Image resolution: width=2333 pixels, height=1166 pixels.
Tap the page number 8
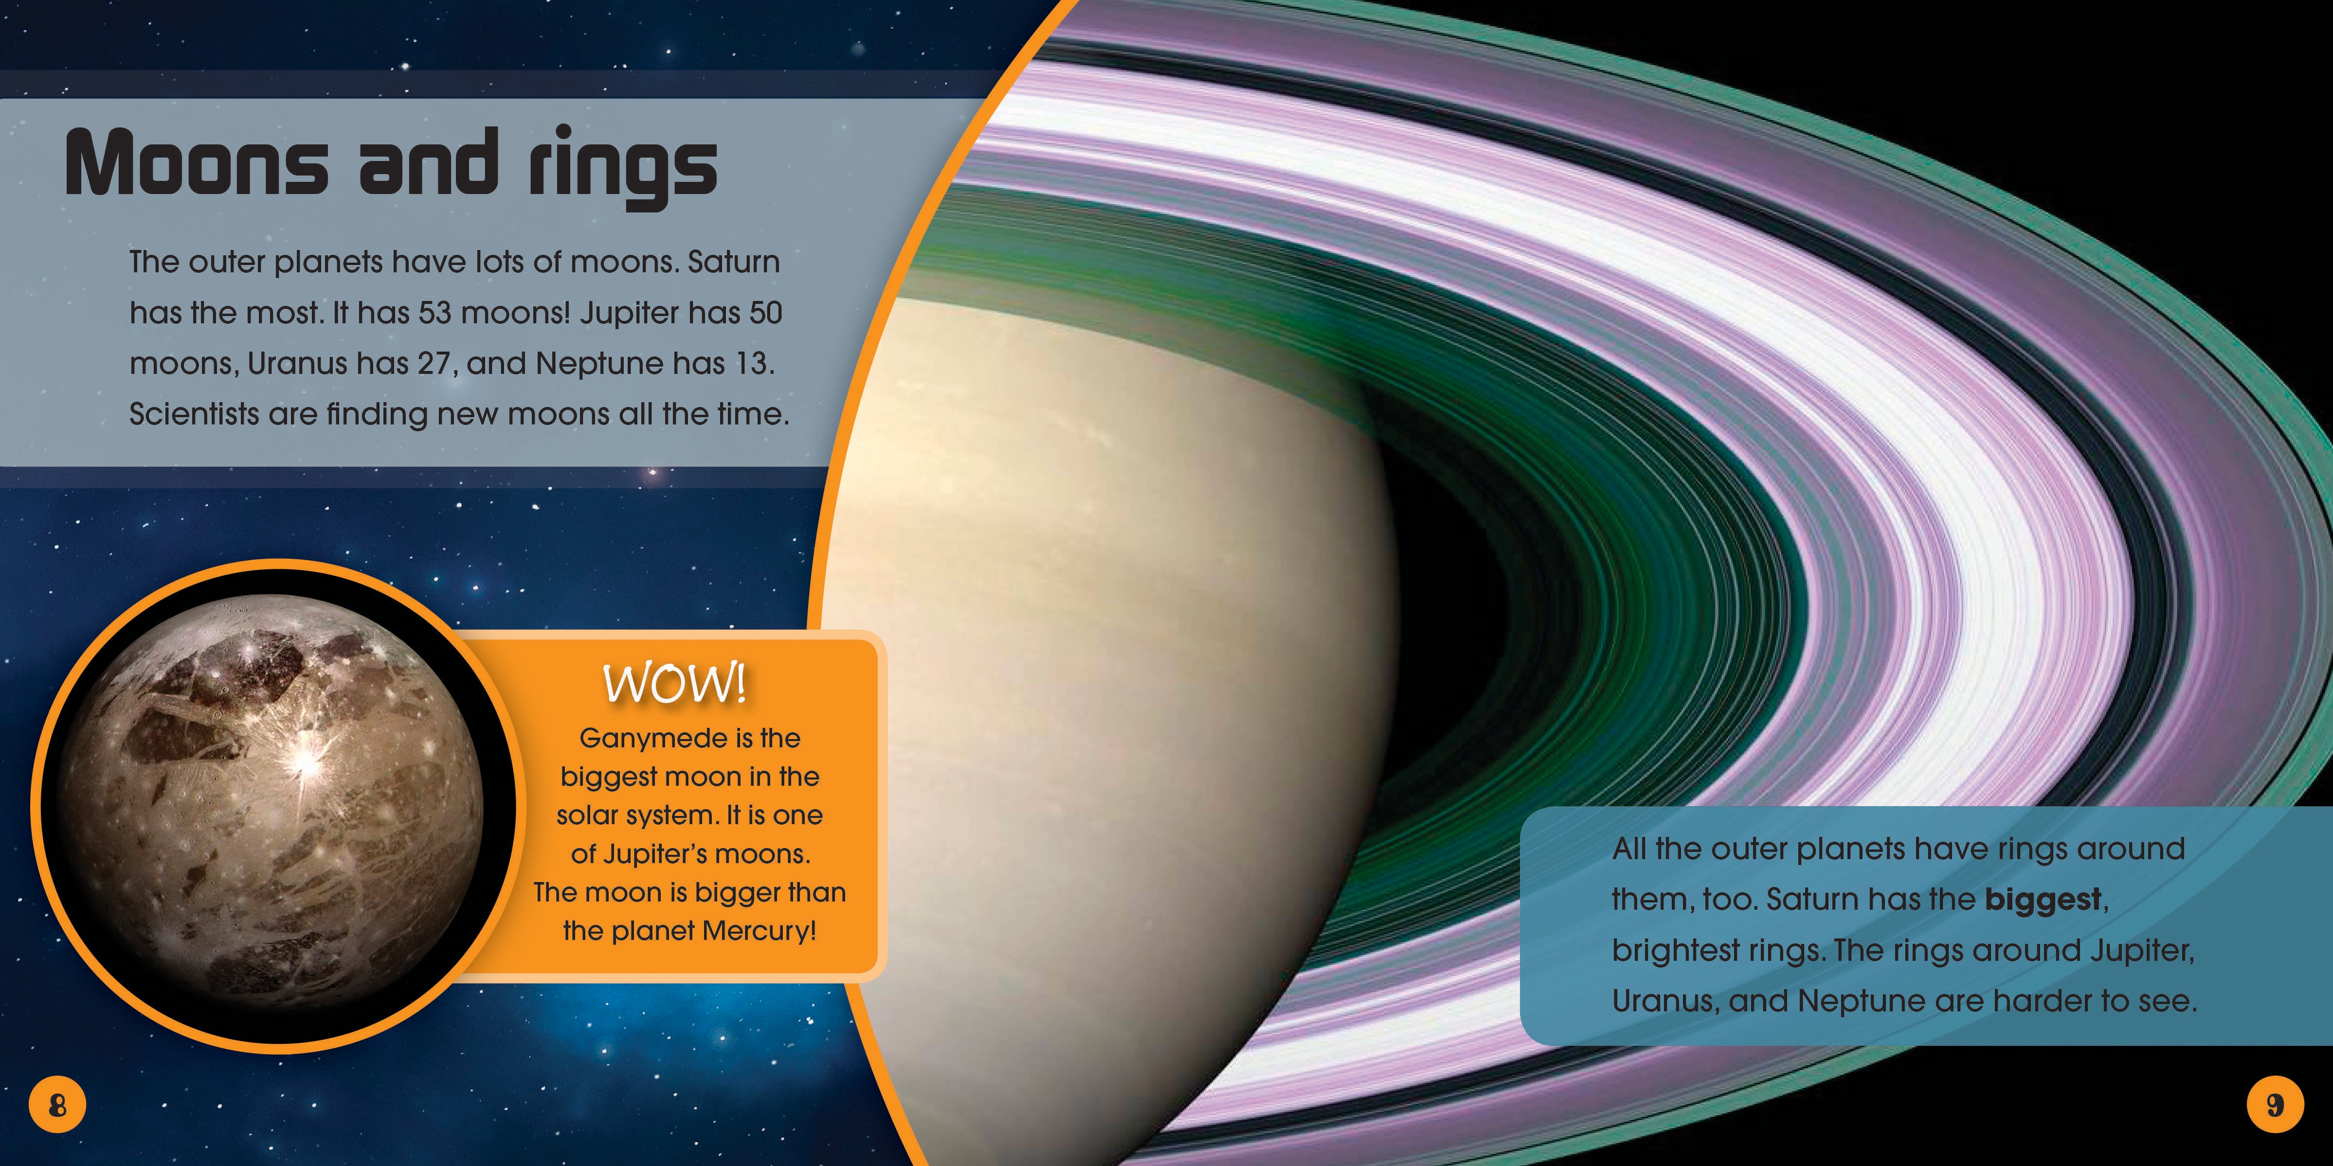tap(57, 1105)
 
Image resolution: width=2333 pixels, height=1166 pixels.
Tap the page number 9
tap(2275, 1105)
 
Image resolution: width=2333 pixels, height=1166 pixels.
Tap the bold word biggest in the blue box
tap(2042, 900)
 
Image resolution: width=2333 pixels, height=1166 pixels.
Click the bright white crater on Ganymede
tap(308, 765)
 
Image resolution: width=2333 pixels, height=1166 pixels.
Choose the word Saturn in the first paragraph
tap(734, 263)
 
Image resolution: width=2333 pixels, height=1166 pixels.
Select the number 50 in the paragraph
tap(765, 313)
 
